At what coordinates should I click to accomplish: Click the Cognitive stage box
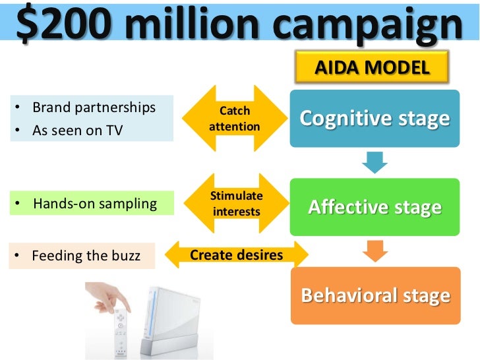(x=375, y=119)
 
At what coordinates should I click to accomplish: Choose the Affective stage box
(x=375, y=207)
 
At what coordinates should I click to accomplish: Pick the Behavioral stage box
(x=375, y=295)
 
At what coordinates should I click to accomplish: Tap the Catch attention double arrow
(x=234, y=119)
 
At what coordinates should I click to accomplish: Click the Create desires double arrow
(x=236, y=255)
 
